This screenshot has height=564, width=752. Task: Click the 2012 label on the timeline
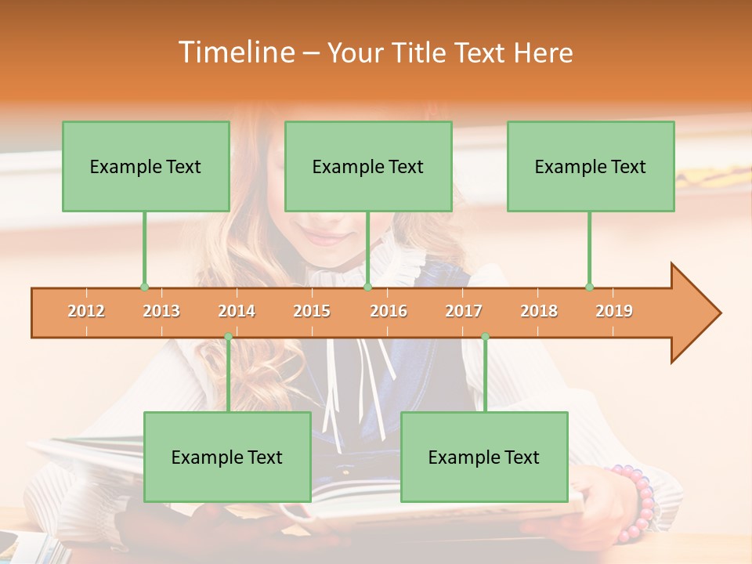tap(86, 311)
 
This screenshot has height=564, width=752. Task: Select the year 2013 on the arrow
tap(161, 311)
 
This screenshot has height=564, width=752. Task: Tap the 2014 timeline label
tap(237, 311)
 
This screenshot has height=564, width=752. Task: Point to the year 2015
tap(312, 311)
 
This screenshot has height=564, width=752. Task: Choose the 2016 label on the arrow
tap(389, 311)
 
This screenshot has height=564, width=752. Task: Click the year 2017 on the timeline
tap(464, 311)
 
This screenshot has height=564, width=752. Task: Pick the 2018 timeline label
tap(539, 311)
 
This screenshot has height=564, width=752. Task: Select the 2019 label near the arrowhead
tap(614, 311)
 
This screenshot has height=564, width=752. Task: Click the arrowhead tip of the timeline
tap(718, 313)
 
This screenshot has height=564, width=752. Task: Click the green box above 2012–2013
tap(146, 166)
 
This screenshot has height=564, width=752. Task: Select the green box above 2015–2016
tap(368, 166)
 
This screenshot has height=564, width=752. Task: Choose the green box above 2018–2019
tap(591, 166)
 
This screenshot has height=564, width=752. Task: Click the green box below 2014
tap(227, 457)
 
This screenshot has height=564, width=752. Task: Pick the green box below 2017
tap(484, 457)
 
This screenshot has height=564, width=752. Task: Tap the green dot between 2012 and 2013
tap(144, 287)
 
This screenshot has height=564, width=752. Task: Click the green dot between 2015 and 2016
tap(367, 287)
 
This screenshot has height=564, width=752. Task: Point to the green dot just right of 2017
tap(485, 337)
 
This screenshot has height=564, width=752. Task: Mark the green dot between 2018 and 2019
tap(589, 287)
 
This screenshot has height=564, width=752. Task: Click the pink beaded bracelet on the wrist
tap(638, 501)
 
